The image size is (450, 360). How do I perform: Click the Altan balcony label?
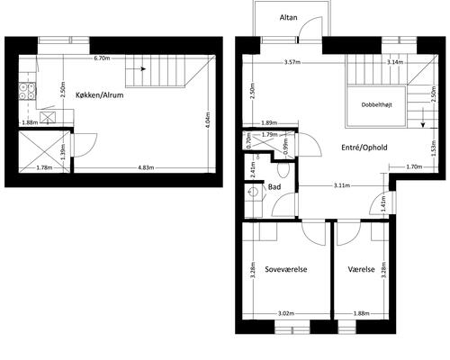[x=289, y=17]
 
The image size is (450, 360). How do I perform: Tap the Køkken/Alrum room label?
[x=100, y=95]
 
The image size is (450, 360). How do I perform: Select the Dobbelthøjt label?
[x=377, y=105]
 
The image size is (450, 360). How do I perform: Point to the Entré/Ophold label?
[x=364, y=148]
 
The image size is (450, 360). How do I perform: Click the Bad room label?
[x=274, y=187]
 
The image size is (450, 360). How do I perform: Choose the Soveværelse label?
[x=286, y=269]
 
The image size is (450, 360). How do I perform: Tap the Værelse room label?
[x=362, y=269]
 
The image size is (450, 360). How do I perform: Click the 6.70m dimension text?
[x=102, y=58]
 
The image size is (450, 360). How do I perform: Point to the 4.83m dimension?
[x=146, y=167]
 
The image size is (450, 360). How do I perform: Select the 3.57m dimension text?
[x=292, y=62]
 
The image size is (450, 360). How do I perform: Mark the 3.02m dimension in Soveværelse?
[x=286, y=314]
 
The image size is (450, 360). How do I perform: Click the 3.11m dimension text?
[x=342, y=185]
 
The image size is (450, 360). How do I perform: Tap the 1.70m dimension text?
[x=414, y=166]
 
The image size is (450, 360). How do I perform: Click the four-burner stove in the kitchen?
[x=27, y=91]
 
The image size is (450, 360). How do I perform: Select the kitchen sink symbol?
[x=48, y=117]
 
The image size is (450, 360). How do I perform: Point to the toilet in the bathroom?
[x=283, y=170]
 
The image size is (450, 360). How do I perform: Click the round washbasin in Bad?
[x=253, y=191]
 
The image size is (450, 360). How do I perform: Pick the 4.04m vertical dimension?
[x=208, y=120]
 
